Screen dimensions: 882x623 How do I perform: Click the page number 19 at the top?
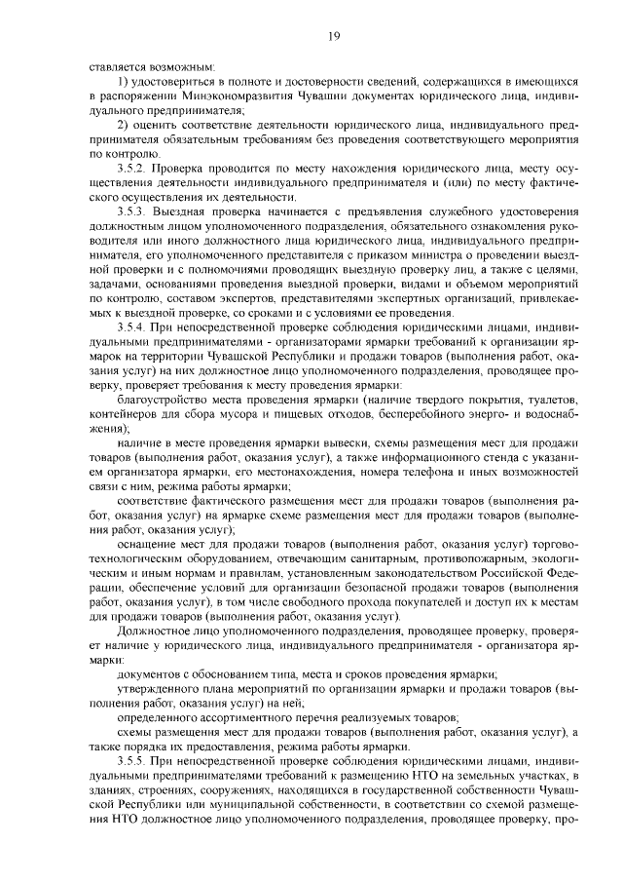[x=333, y=36]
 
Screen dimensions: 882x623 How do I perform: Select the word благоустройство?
[x=162, y=399]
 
